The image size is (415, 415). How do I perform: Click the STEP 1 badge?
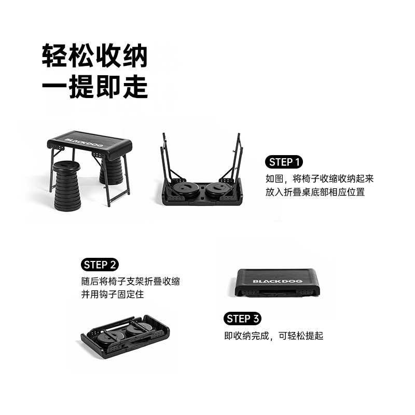[x=284, y=162]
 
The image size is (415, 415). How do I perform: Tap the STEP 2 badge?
[x=100, y=265]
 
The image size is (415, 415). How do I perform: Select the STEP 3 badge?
[x=242, y=319]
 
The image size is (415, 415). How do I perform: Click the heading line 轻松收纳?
[x=95, y=56]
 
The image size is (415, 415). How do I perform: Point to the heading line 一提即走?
[x=95, y=87]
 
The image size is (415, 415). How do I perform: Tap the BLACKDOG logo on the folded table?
[x=278, y=281]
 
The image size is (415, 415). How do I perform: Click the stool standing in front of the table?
[x=67, y=186]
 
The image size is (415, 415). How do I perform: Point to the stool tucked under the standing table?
[x=111, y=170]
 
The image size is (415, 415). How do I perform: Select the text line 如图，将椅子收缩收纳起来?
[x=320, y=178]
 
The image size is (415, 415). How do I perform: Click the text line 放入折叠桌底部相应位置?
[x=315, y=192]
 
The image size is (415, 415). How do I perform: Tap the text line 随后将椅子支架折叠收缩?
[x=131, y=281]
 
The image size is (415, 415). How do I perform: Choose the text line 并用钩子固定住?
[x=113, y=294]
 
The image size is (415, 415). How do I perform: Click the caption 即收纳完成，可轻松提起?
[x=274, y=336]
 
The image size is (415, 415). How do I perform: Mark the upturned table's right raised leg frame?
[x=233, y=159]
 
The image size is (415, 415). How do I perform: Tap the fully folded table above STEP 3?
[x=278, y=283]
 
